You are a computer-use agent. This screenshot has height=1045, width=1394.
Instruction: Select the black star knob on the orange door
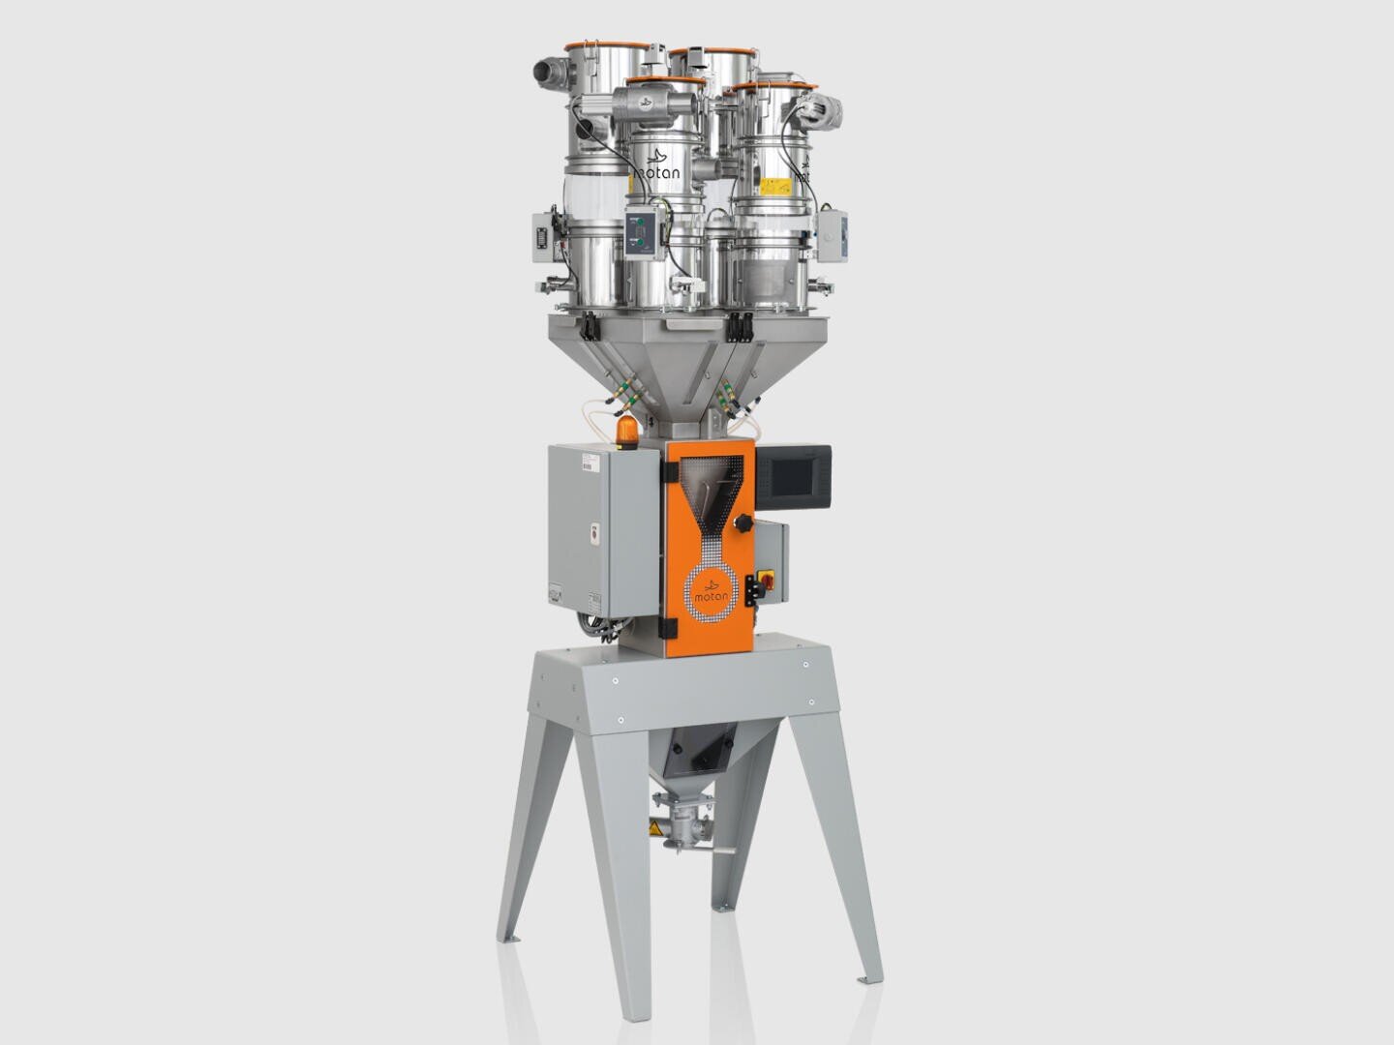tap(743, 523)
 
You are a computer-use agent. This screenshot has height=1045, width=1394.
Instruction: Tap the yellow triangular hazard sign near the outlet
tap(657, 829)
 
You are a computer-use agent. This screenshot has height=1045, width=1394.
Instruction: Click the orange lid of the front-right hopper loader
tap(771, 88)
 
